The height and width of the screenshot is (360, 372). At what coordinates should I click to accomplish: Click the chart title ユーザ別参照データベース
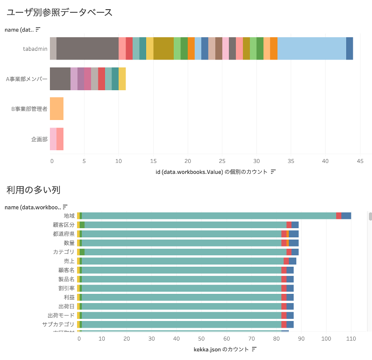click(60, 12)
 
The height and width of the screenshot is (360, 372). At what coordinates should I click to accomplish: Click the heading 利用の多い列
click(33, 190)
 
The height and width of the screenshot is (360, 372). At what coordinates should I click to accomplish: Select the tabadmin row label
click(35, 49)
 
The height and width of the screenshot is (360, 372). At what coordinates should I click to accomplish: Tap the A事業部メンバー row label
click(26, 79)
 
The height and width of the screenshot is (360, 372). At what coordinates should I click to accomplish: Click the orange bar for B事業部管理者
click(56, 109)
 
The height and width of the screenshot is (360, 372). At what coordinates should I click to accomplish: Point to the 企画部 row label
click(39, 139)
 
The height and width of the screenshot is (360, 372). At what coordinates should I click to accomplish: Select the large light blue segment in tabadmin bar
click(312, 48)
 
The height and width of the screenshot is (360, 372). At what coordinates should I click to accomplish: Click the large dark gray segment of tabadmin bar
click(88, 48)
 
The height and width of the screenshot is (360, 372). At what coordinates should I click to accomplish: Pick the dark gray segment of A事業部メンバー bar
click(60, 79)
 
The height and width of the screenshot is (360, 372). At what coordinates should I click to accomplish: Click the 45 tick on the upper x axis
click(360, 161)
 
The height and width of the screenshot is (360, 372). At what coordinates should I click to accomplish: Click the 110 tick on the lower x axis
click(351, 338)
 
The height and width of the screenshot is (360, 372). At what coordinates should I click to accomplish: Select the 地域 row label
click(69, 215)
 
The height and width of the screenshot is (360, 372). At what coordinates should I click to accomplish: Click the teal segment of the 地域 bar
click(209, 215)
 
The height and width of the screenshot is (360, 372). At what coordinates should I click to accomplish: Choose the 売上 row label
click(69, 261)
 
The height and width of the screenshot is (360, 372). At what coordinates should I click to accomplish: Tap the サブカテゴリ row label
click(58, 325)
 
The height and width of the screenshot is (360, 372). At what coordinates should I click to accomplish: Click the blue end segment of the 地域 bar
click(346, 215)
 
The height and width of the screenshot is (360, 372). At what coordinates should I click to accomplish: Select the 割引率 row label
click(67, 288)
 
